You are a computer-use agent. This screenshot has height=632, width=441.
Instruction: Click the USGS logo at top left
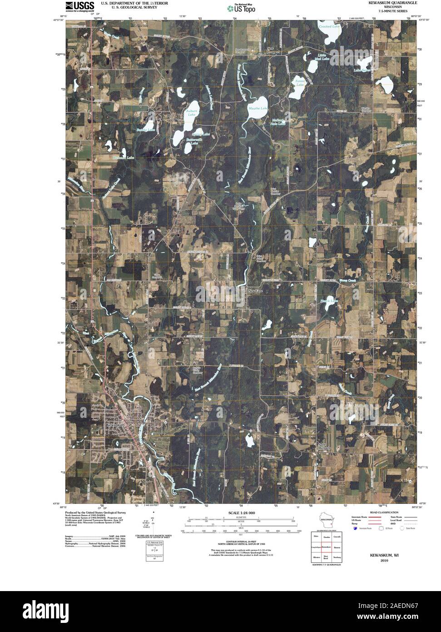click(79, 6)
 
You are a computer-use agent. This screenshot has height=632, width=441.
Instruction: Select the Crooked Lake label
click(329, 26)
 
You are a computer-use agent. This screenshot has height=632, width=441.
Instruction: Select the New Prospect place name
click(273, 50)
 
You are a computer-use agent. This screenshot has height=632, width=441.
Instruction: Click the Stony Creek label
click(348, 281)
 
